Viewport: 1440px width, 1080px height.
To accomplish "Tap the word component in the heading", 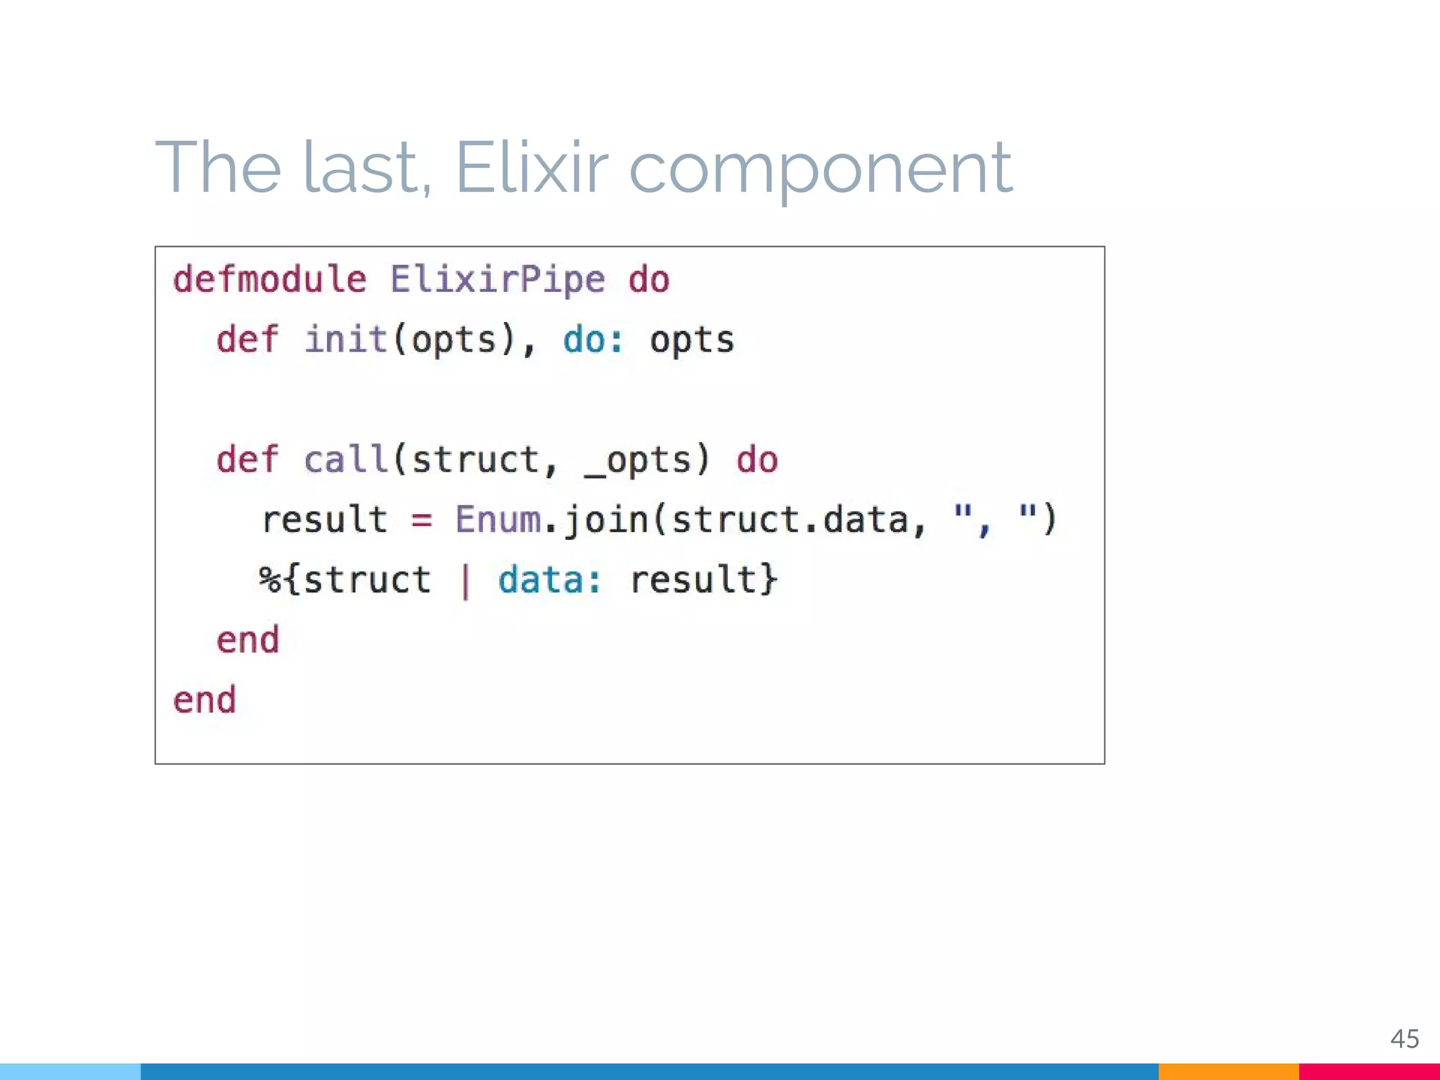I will [x=820, y=169].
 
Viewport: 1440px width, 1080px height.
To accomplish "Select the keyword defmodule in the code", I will [x=270, y=280].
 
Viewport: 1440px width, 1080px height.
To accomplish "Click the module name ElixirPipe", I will [x=497, y=280].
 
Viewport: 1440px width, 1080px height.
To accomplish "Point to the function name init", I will [x=345, y=340].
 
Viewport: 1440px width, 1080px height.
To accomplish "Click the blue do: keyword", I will [x=593, y=340].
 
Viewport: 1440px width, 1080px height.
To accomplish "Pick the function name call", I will [x=345, y=460].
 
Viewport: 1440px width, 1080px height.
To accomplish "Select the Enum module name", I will [x=497, y=520].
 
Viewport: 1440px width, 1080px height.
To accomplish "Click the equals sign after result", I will [x=421, y=521].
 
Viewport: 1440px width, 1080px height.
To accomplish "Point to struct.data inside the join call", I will [x=790, y=520].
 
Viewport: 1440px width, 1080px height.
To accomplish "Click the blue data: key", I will [x=550, y=580].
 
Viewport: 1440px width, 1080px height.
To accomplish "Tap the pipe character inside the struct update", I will [x=465, y=581].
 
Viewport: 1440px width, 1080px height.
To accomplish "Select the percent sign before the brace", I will [x=269, y=580].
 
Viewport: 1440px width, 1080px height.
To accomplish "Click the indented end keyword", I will [x=247, y=640].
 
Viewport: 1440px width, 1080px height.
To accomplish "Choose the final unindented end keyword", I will [x=205, y=700].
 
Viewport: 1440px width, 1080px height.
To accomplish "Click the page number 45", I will [x=1404, y=1039].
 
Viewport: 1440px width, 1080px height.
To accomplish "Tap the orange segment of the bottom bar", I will [x=1228, y=1072].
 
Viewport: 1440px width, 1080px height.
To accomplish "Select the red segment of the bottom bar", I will [x=1368, y=1072].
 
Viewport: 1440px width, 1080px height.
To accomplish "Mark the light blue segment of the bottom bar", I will [x=70, y=1072].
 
